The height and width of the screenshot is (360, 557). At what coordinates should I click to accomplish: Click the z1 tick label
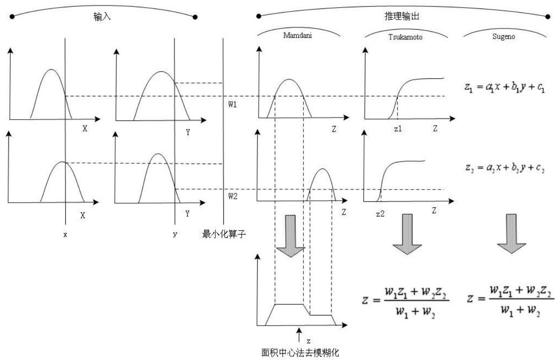pyautogui.click(x=398, y=128)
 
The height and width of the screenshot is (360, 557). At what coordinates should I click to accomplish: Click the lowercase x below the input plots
pyautogui.click(x=65, y=234)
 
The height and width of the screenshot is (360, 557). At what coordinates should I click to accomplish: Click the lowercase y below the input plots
pyautogui.click(x=175, y=234)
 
